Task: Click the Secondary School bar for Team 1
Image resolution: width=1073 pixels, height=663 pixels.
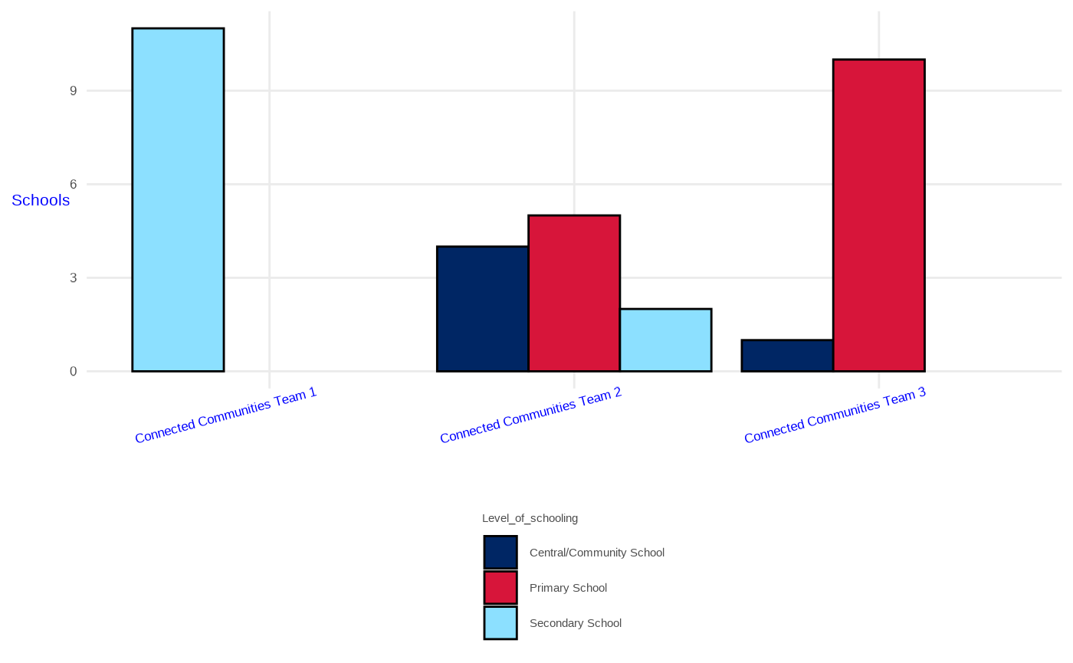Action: [x=178, y=200]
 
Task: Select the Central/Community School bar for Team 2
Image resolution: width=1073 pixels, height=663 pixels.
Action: [x=482, y=309]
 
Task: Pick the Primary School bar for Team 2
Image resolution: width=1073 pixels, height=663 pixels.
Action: [x=574, y=294]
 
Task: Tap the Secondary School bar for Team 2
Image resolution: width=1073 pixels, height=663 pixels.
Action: [x=665, y=340]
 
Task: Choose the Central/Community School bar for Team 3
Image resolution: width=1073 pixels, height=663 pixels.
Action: [x=787, y=356]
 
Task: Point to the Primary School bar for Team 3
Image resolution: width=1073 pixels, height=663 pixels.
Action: [x=878, y=215]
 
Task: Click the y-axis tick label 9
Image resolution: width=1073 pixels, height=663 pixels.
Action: [x=74, y=91]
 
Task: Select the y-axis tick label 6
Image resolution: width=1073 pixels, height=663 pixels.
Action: [x=74, y=185]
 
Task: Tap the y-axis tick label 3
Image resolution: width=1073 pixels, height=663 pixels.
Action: [x=74, y=278]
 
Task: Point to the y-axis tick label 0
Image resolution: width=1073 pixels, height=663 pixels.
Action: [x=74, y=372]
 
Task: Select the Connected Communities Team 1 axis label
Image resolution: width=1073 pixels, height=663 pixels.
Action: [x=225, y=415]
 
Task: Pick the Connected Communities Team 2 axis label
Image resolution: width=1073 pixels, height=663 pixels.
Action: [x=530, y=415]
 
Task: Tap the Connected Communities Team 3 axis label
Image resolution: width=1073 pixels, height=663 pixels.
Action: [x=835, y=415]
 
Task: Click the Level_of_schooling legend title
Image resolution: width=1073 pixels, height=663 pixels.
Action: [x=530, y=519]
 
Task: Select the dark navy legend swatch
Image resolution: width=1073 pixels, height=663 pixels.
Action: [x=500, y=553]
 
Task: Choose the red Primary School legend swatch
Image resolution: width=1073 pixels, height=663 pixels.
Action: [x=500, y=588]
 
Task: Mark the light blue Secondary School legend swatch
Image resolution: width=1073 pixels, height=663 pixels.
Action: [x=500, y=623]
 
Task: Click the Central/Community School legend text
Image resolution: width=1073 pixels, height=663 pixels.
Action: [x=596, y=553]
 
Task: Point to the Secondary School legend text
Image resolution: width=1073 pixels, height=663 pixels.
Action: [x=575, y=623]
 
